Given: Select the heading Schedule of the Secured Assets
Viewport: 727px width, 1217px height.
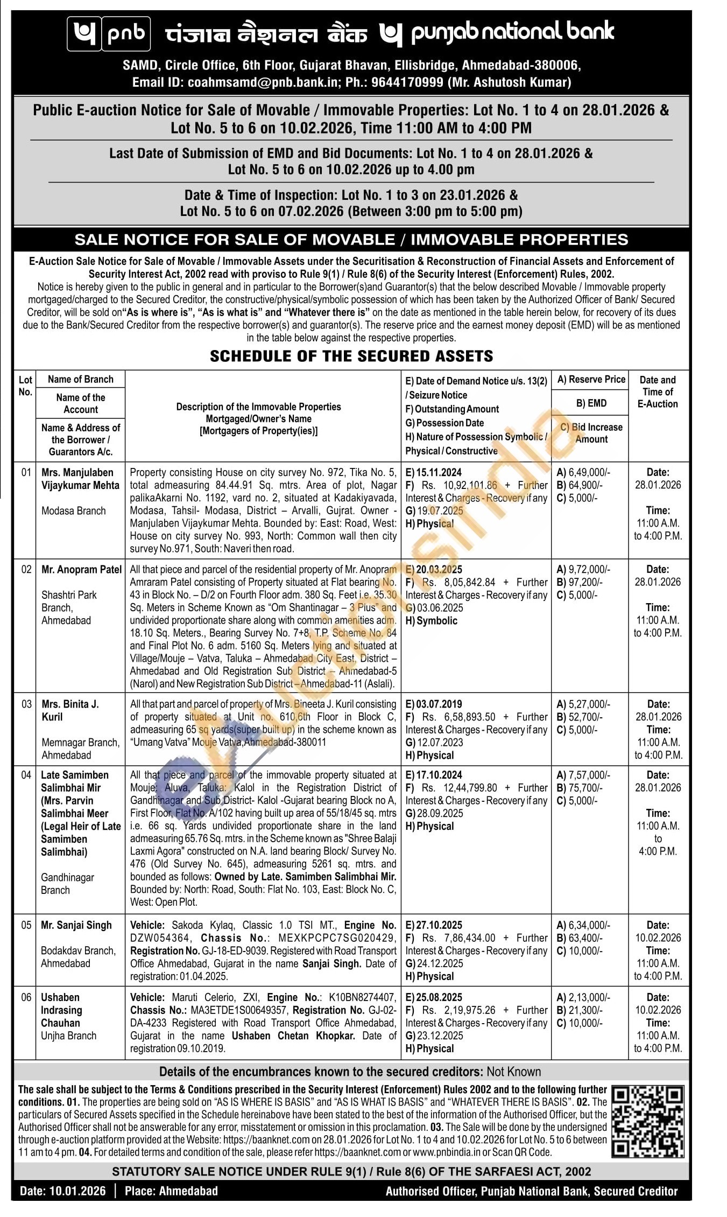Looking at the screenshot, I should (351, 356).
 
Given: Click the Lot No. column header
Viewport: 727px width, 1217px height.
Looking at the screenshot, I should (25, 386).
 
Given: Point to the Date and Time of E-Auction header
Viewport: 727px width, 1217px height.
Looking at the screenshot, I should (658, 391).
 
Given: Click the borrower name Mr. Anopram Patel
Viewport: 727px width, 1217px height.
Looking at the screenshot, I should (82, 569).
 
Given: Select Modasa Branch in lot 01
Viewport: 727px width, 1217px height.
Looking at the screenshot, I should (74, 510).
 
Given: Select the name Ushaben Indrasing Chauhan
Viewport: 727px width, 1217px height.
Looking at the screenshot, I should (61, 1010).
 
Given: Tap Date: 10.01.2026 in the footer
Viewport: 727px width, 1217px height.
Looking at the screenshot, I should (63, 1191).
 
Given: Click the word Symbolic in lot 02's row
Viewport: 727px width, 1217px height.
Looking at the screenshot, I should (437, 620).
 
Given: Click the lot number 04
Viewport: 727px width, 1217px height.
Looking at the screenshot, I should (26, 775).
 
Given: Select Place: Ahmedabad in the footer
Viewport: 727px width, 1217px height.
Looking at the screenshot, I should (171, 1191).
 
